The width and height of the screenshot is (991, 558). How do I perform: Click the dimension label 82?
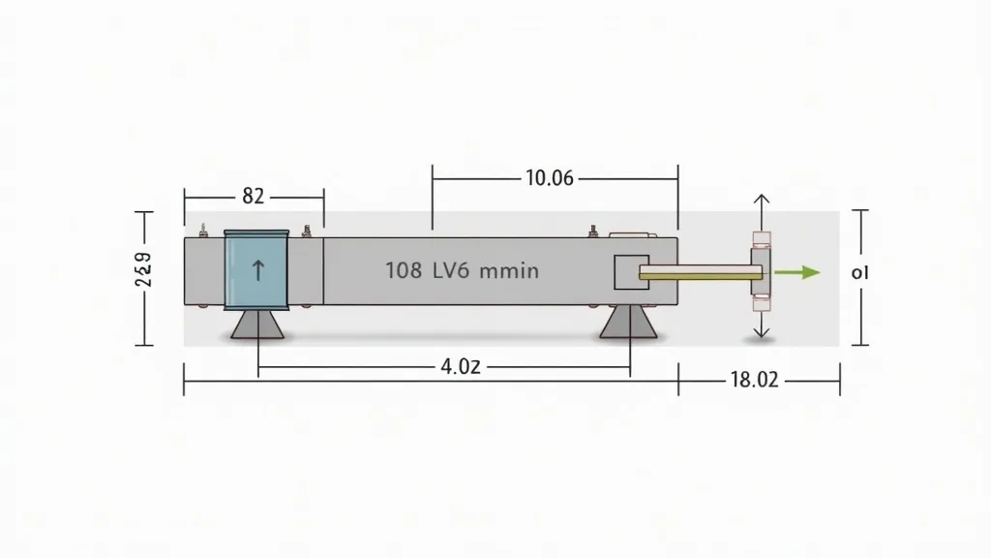(x=253, y=196)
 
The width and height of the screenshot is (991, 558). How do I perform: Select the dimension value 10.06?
(x=550, y=178)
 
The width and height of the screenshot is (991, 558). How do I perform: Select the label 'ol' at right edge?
(x=859, y=273)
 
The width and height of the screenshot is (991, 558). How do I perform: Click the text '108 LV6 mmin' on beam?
(x=461, y=271)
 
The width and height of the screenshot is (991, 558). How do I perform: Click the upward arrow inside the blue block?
(x=257, y=270)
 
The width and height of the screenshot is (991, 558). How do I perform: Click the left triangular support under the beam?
(x=257, y=324)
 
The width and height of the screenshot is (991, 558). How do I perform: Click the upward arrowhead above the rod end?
(x=761, y=199)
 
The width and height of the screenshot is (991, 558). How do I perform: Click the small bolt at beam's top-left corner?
(x=203, y=231)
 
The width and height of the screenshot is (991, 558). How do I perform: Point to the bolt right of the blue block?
(x=307, y=231)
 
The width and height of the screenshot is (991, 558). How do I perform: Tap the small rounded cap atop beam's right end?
(x=630, y=233)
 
